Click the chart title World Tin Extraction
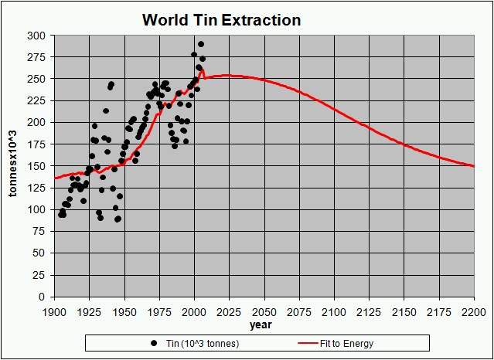[x=221, y=20]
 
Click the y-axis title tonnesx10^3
[x=13, y=166]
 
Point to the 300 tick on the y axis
[x=38, y=36]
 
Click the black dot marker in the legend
[x=154, y=343]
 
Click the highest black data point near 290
[x=201, y=44]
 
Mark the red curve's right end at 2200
[x=473, y=166]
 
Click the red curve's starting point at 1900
[x=54, y=178]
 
